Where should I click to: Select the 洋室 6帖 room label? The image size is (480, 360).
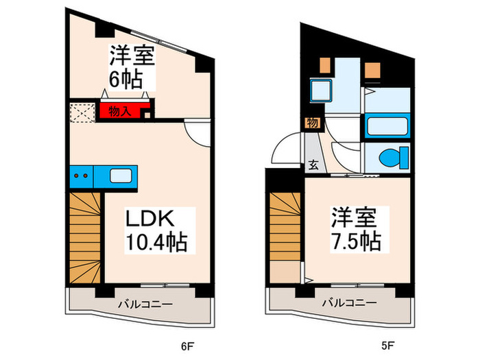[129, 67]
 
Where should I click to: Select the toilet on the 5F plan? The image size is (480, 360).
[390, 156]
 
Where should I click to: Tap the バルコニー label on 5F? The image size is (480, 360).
[349, 303]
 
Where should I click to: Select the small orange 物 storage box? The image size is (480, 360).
[312, 123]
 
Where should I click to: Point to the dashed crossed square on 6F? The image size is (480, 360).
[82, 112]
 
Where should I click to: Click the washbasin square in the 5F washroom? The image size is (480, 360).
[320, 90]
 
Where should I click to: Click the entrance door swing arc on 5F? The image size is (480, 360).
[286, 149]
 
